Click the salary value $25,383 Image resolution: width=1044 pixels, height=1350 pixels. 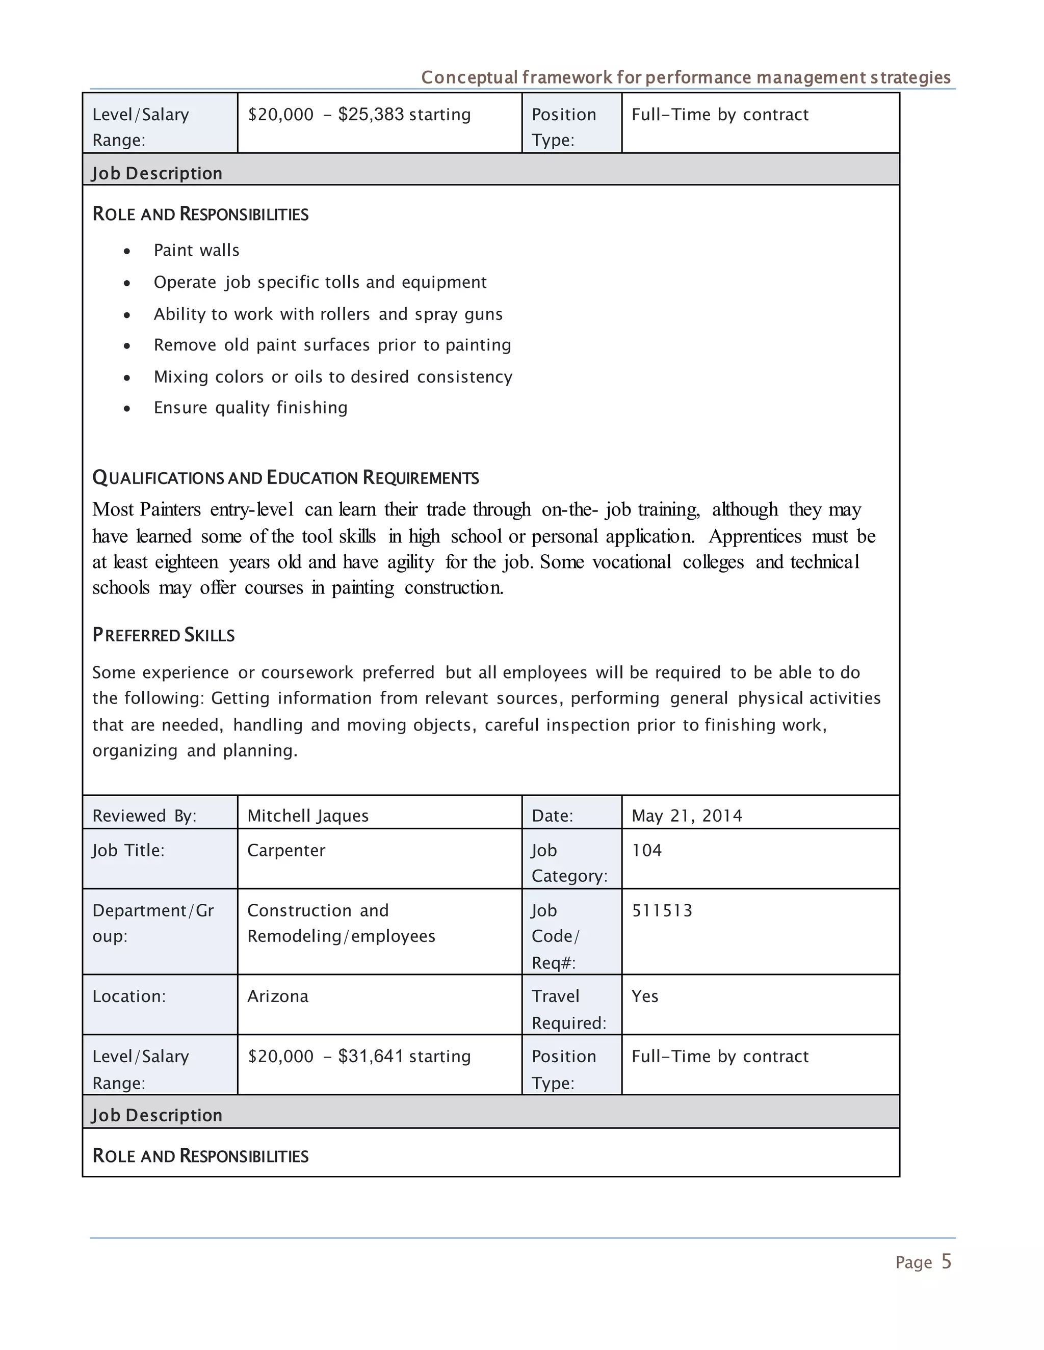click(371, 115)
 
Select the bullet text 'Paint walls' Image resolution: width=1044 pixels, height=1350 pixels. click(196, 250)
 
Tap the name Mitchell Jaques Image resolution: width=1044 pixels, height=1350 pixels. click(307, 816)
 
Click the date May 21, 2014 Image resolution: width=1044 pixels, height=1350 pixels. click(687, 816)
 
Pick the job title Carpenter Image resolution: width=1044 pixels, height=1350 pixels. click(286, 851)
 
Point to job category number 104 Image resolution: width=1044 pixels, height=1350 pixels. click(646, 851)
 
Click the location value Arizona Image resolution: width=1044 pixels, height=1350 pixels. click(278, 996)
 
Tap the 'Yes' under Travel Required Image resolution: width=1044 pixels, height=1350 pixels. click(644, 996)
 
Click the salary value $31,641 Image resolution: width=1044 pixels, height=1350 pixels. click(371, 1057)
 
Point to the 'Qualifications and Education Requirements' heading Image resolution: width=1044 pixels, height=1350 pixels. click(285, 478)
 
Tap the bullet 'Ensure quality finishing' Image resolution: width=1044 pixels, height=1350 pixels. click(250, 408)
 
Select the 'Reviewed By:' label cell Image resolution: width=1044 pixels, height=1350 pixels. click(144, 816)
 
